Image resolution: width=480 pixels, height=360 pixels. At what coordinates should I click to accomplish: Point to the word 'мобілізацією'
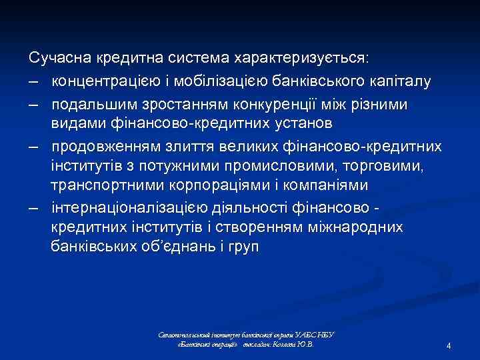(212, 81)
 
